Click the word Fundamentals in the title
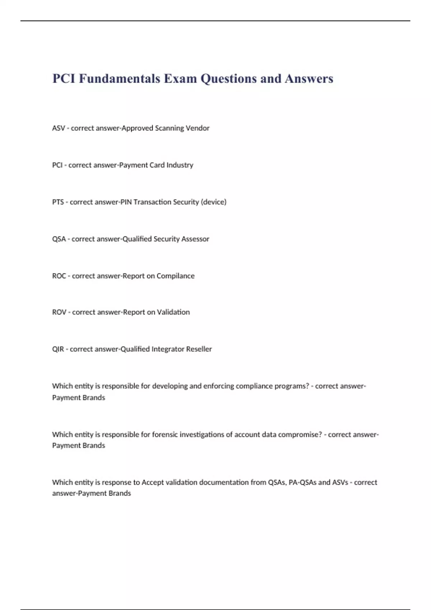[120, 78]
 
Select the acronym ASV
[59, 128]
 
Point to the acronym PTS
[58, 202]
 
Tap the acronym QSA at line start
[59, 239]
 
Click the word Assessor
[195, 239]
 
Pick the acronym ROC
[59, 276]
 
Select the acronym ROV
[59, 312]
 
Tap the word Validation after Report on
[173, 312]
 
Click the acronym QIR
[58, 349]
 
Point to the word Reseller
[199, 349]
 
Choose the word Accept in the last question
[152, 483]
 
